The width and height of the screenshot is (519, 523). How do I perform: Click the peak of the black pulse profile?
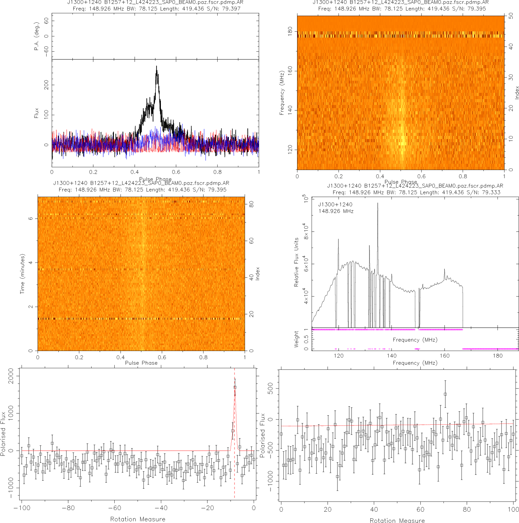coord(157,67)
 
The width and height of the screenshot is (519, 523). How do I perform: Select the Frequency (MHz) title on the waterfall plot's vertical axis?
coord(282,93)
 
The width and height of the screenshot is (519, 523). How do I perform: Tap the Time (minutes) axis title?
coord(23,274)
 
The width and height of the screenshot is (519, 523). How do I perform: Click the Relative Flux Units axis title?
coord(296,262)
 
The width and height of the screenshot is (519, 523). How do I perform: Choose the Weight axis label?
coord(296,339)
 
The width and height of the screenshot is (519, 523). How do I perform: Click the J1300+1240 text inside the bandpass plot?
coord(335,204)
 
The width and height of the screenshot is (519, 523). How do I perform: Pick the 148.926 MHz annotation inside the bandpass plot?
coord(336,211)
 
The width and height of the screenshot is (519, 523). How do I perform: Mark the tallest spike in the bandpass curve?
coord(378,203)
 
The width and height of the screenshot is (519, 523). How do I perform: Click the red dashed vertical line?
coord(234,431)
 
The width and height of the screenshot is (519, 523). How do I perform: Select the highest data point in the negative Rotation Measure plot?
coord(235,387)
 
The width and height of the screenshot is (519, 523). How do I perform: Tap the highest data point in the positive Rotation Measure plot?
coord(445,394)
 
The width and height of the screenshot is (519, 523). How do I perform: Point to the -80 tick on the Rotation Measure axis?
coord(68,508)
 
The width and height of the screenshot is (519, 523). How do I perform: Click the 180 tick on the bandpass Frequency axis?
coord(497,356)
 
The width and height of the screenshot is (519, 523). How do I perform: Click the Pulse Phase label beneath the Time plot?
coord(141,363)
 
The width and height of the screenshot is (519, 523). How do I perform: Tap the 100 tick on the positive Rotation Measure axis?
coord(513,509)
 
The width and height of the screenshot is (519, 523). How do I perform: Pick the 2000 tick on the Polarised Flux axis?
coord(11,376)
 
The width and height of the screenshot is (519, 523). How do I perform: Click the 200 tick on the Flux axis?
coord(46,85)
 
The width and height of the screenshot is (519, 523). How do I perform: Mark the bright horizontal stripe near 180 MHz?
coord(400,34)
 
